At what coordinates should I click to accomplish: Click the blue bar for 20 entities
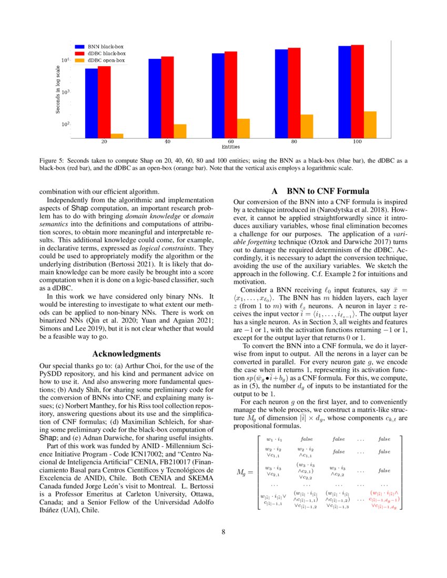coord(92,103)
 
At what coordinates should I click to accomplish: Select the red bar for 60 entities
coord(231,95)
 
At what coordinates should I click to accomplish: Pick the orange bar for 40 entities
coord(180,131)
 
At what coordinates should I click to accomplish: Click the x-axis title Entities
coord(230,147)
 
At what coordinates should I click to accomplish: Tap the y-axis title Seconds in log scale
coord(58,89)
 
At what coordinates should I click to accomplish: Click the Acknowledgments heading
coord(126,354)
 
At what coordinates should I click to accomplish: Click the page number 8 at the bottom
coord(223,532)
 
